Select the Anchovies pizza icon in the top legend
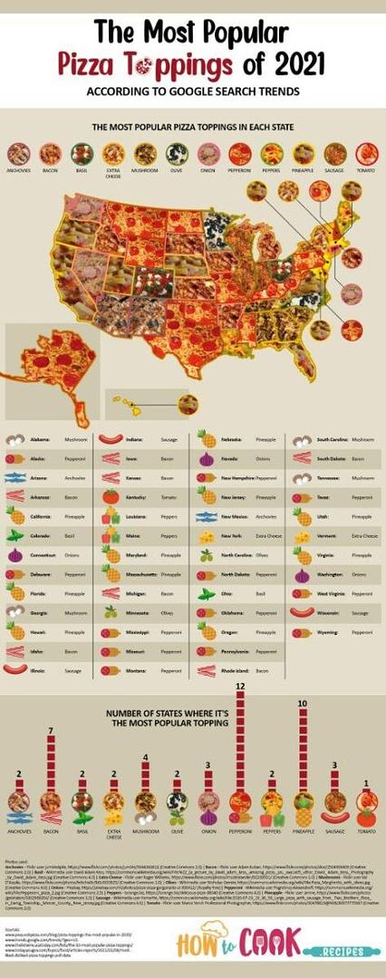tap(18, 152)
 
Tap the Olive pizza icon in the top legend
tap(177, 152)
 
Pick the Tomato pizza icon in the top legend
tap(366, 152)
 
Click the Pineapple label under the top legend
tap(304, 169)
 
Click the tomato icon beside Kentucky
tap(111, 497)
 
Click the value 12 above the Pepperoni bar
tap(241, 687)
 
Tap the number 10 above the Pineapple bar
tap(303, 704)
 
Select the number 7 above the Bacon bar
tap(51, 730)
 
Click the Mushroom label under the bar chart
tap(146, 829)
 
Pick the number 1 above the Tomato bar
tap(366, 783)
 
